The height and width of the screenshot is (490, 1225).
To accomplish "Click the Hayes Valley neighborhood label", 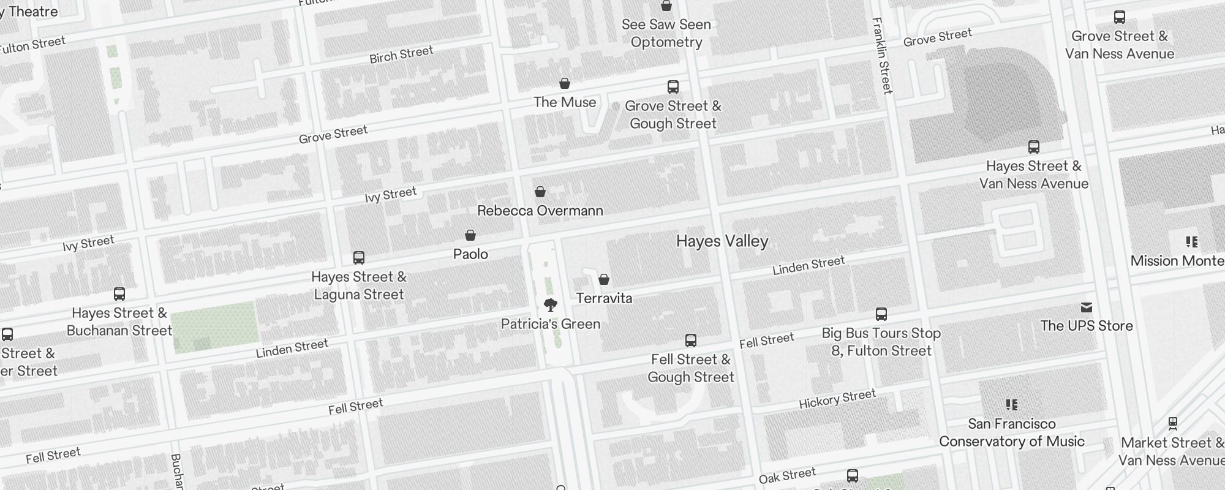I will pyautogui.click(x=722, y=241).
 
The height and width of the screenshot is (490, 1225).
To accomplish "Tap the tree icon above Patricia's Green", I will pyautogui.click(x=551, y=304).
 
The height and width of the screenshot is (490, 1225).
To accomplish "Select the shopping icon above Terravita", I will pyautogui.click(x=604, y=279).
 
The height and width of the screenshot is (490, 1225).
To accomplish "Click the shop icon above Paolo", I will pyautogui.click(x=470, y=235).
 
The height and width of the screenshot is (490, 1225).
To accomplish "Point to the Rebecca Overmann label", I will pyautogui.click(x=540, y=211).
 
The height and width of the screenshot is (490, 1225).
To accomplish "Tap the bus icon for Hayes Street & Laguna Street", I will pyautogui.click(x=359, y=258).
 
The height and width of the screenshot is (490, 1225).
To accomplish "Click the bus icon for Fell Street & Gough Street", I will pyautogui.click(x=691, y=341).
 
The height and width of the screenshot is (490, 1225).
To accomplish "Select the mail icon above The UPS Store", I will pyautogui.click(x=1087, y=307).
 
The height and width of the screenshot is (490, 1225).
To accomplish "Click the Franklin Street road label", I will pyautogui.click(x=882, y=55).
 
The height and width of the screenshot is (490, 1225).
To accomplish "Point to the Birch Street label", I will pyautogui.click(x=401, y=55).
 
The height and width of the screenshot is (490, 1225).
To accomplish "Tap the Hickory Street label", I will pyautogui.click(x=837, y=399).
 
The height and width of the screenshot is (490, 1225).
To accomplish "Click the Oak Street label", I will pyautogui.click(x=787, y=475).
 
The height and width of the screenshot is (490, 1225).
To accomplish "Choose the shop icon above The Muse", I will pyautogui.click(x=565, y=83).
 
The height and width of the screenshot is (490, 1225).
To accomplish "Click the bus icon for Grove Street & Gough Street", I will pyautogui.click(x=673, y=87).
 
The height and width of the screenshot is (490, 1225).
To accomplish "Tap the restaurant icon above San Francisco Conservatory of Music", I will pyautogui.click(x=1012, y=405).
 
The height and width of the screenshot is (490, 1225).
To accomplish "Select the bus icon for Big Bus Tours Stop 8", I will pyautogui.click(x=881, y=314).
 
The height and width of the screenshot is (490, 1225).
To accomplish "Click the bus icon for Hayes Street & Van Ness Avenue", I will pyautogui.click(x=1034, y=147).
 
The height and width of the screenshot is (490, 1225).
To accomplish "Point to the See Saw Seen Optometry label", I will pyautogui.click(x=666, y=33).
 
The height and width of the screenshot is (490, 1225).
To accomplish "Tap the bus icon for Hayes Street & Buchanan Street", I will pyautogui.click(x=119, y=294).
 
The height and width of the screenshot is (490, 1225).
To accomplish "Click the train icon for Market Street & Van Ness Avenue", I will pyautogui.click(x=1173, y=423).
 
